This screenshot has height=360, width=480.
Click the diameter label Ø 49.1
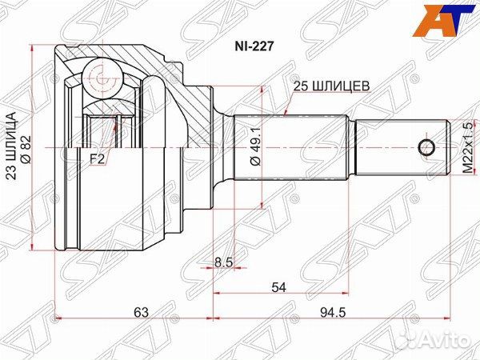coord(254,146)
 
